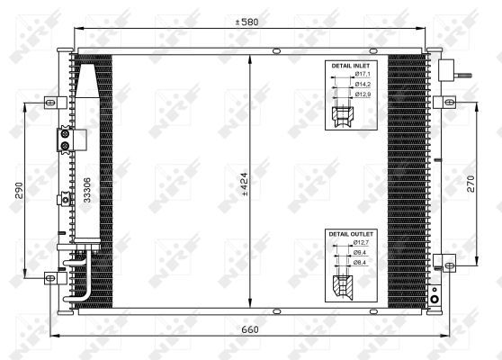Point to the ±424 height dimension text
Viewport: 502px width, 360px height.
click(x=244, y=184)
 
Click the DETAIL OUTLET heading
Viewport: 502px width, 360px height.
click(x=351, y=234)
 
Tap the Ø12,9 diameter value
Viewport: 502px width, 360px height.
click(x=363, y=94)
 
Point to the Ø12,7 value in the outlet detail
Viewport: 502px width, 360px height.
click(x=363, y=243)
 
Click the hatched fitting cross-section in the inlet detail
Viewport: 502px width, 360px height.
click(x=342, y=116)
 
